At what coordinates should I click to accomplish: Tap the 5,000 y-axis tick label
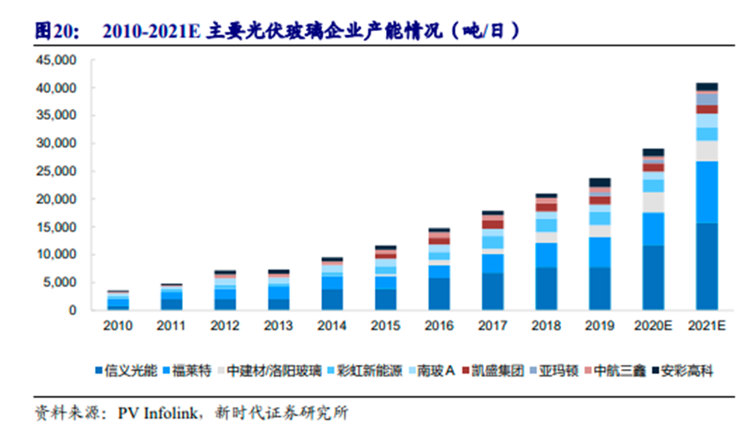62,283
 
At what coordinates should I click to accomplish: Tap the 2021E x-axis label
707,325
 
